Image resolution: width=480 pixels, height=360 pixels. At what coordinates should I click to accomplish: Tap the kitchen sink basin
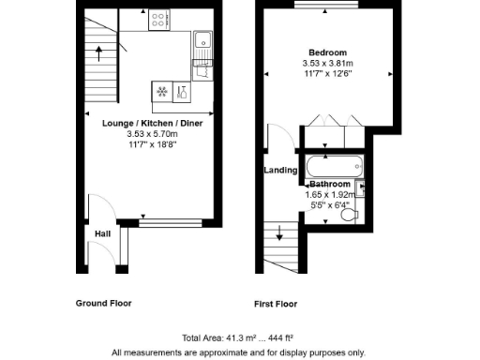202,40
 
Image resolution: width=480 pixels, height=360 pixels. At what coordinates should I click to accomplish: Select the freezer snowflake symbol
160,92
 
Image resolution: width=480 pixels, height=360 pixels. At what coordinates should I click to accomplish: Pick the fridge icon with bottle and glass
182,92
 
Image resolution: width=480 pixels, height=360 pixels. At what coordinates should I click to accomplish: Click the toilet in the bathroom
350,215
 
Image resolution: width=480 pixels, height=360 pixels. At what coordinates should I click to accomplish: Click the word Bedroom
329,52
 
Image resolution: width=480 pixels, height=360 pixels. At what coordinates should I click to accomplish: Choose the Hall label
103,232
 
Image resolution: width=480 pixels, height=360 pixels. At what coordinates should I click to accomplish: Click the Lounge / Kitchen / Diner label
152,123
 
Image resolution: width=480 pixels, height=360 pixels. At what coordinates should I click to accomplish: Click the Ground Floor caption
104,303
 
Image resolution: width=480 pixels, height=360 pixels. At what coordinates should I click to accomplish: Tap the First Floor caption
276,304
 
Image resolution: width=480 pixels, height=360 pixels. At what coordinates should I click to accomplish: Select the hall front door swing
96,207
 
